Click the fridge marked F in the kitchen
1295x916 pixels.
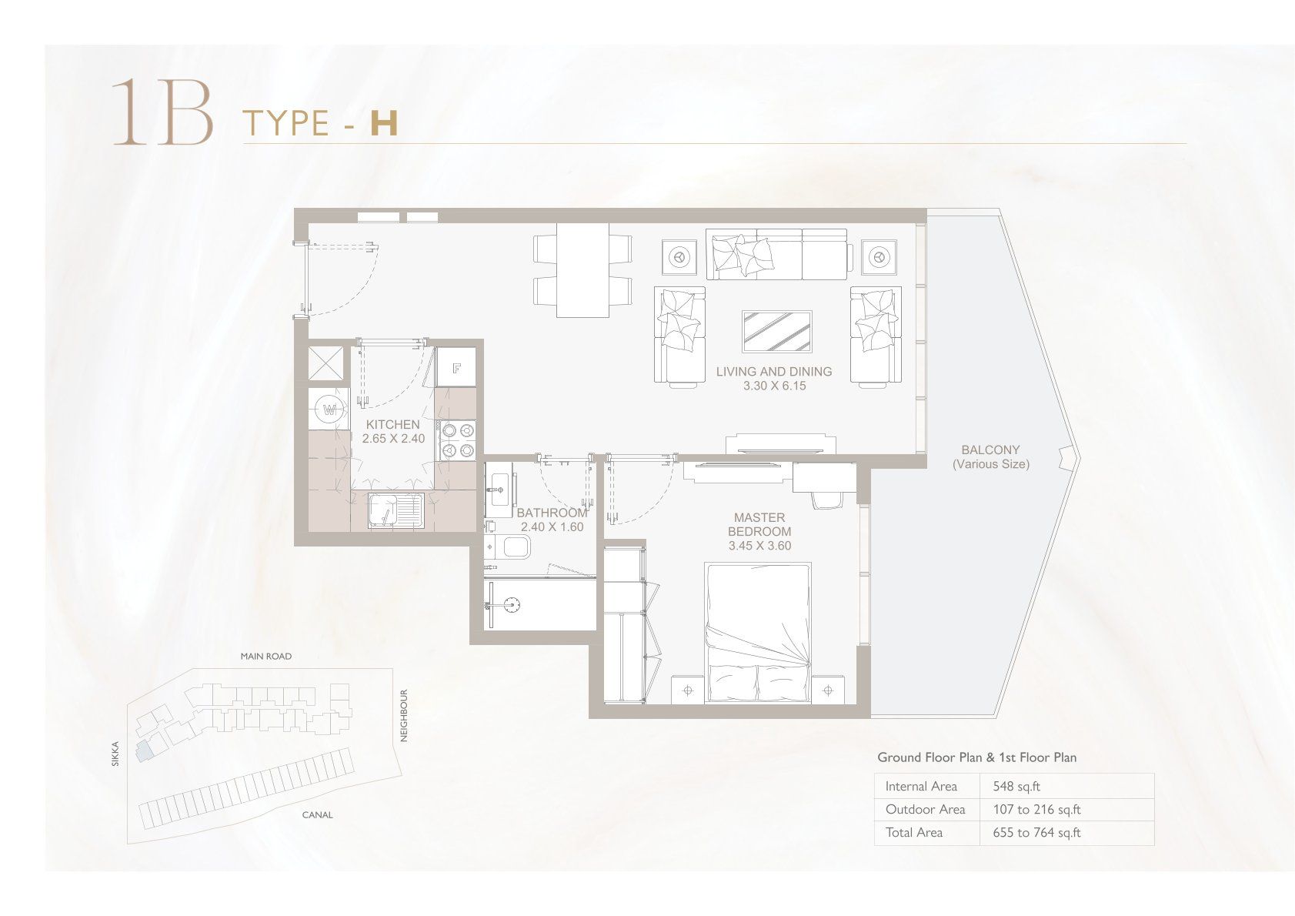(x=456, y=367)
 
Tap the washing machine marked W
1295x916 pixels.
(x=329, y=410)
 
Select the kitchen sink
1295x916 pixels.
(x=396, y=511)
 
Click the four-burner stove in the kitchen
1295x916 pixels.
(x=458, y=440)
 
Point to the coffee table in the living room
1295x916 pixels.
(x=777, y=331)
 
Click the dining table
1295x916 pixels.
(x=582, y=271)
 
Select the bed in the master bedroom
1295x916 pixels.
(x=758, y=633)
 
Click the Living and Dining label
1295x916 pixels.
(x=774, y=372)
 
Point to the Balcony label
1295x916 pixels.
(x=990, y=450)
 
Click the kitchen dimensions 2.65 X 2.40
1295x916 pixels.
(x=394, y=439)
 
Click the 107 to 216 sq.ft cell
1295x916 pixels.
(x=1036, y=810)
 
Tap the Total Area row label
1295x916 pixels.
(x=914, y=833)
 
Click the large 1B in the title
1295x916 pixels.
(x=163, y=112)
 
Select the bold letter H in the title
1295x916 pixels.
(x=384, y=123)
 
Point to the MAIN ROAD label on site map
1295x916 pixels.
(x=266, y=657)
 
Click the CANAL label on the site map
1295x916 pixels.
(x=317, y=815)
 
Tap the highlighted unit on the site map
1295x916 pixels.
(x=143, y=750)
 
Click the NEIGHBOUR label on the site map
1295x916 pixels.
(x=404, y=715)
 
